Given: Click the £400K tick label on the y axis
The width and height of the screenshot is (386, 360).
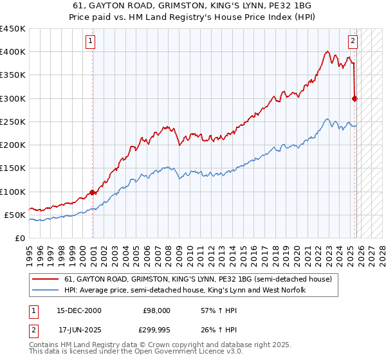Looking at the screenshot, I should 13,52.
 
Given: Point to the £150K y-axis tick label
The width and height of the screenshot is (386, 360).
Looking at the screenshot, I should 13,168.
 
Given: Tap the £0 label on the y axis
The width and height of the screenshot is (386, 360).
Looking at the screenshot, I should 20,238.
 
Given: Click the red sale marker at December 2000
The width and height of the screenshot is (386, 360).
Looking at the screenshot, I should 93,192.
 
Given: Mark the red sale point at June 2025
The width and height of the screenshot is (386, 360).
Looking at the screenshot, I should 354,98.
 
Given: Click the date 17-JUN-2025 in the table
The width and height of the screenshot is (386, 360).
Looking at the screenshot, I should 78,332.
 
